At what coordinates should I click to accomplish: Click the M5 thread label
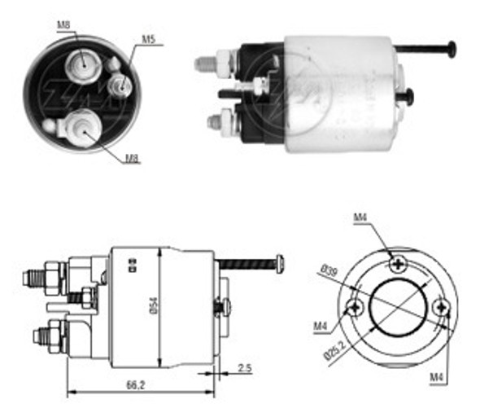pos(148,38)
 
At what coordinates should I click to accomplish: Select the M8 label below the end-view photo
pos(131,158)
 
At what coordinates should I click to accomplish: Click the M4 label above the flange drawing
pos(361,218)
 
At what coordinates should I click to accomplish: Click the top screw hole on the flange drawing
pos(397,262)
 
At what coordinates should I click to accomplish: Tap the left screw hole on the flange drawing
pos(355,307)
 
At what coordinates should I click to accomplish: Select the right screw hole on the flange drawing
pos(440,307)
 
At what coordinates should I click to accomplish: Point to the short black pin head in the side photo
pos(408,96)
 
